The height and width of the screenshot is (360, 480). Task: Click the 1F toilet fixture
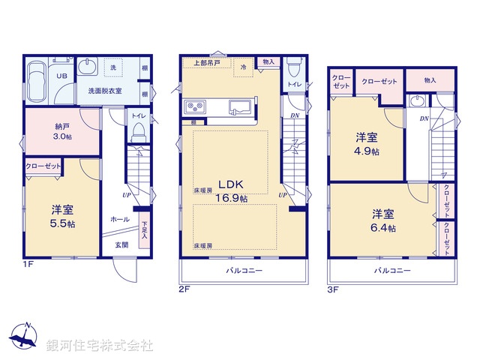tap(138, 132)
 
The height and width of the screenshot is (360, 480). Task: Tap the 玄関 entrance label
tap(121, 245)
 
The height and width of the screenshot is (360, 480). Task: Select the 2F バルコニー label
tap(243, 271)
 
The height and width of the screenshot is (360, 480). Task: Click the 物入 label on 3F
tap(430, 79)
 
